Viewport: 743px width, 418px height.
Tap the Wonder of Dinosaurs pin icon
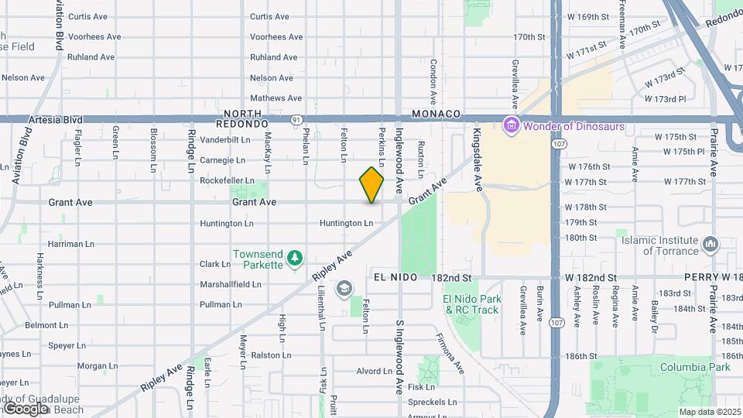point(510,125)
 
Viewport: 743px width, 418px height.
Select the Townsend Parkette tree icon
point(293,258)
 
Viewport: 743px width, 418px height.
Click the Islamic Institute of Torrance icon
point(710,245)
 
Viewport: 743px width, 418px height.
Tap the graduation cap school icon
point(344,290)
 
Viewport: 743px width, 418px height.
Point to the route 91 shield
point(296,120)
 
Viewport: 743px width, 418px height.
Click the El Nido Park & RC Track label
point(472,304)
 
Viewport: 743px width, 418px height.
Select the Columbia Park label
point(695,367)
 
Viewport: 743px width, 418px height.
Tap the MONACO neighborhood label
point(437,113)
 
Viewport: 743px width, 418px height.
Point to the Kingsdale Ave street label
point(478,160)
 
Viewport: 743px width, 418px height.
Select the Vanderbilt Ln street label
point(225,140)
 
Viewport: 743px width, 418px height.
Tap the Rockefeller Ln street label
point(228,181)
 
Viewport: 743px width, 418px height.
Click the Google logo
point(26,408)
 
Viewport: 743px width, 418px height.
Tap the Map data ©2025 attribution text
point(708,412)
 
